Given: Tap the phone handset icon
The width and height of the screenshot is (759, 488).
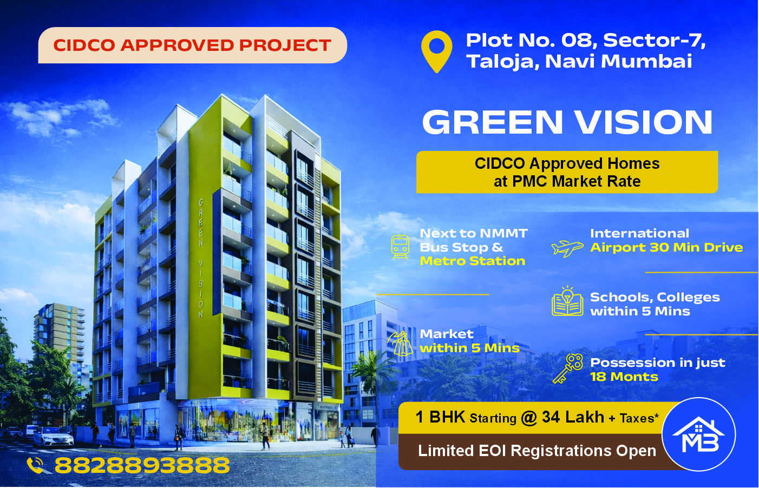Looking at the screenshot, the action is [x=35, y=465].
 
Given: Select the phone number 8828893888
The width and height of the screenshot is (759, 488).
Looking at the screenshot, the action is [x=142, y=465].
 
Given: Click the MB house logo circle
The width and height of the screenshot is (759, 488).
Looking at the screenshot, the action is [x=699, y=434].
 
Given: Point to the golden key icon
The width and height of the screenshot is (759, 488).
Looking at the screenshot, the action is [x=567, y=368].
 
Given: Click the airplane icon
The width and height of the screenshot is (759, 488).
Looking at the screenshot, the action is [x=567, y=248].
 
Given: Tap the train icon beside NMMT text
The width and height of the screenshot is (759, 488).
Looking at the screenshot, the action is [x=400, y=247].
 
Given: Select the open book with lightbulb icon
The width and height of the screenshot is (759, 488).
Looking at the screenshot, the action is [x=567, y=301].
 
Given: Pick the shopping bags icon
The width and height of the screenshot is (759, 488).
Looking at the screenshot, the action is [x=400, y=343].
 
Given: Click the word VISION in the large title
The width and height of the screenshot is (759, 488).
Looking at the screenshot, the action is [x=644, y=122].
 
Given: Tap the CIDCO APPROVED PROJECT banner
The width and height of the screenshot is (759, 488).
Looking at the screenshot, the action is [x=193, y=45].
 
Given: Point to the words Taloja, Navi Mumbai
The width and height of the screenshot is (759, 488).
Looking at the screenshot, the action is [x=579, y=62].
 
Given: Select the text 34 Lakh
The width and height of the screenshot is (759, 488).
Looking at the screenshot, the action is [x=573, y=417].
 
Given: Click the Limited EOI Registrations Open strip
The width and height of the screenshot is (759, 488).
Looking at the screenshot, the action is [x=537, y=451].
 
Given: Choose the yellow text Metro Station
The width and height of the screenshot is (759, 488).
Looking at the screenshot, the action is [x=472, y=261].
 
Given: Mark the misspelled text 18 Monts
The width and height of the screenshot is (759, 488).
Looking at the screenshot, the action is [x=624, y=377].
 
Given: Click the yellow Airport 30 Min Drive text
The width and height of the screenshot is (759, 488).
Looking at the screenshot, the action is [x=666, y=248].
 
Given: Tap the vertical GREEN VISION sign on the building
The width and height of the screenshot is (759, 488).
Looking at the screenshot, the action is [x=201, y=259].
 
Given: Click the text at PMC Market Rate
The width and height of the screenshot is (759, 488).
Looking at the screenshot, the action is [x=567, y=182].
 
